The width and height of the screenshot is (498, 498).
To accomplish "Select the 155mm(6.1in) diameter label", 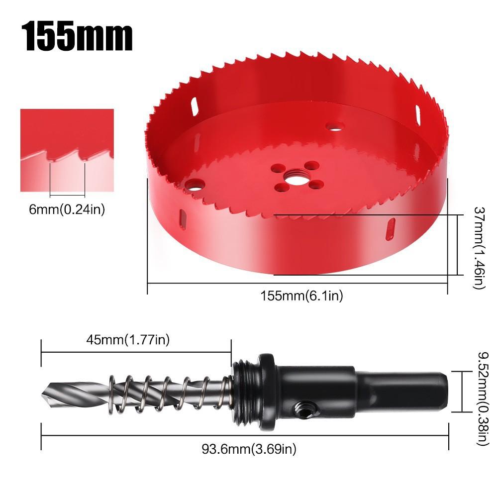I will click(301, 296).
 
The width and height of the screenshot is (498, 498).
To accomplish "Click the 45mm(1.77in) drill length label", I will click(128, 340).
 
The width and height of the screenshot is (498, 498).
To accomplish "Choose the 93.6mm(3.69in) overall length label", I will click(249, 449).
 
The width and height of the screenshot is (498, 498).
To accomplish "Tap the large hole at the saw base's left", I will click(195, 186).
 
